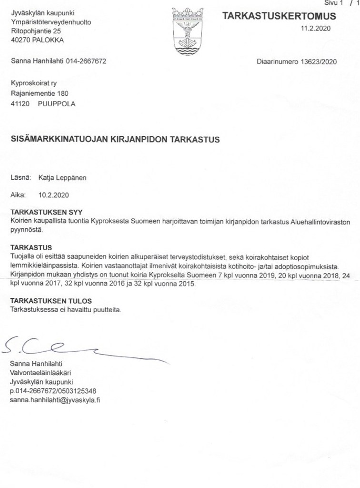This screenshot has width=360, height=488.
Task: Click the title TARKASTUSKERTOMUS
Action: [x=279, y=16]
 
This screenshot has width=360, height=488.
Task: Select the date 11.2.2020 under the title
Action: [x=315, y=29]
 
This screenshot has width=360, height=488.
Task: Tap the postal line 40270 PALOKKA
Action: [x=37, y=41]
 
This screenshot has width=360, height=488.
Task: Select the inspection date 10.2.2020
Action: [x=53, y=194]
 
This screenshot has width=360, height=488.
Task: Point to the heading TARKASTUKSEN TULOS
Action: [x=51, y=301]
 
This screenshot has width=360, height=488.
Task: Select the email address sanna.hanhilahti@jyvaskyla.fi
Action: [x=54, y=400]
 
